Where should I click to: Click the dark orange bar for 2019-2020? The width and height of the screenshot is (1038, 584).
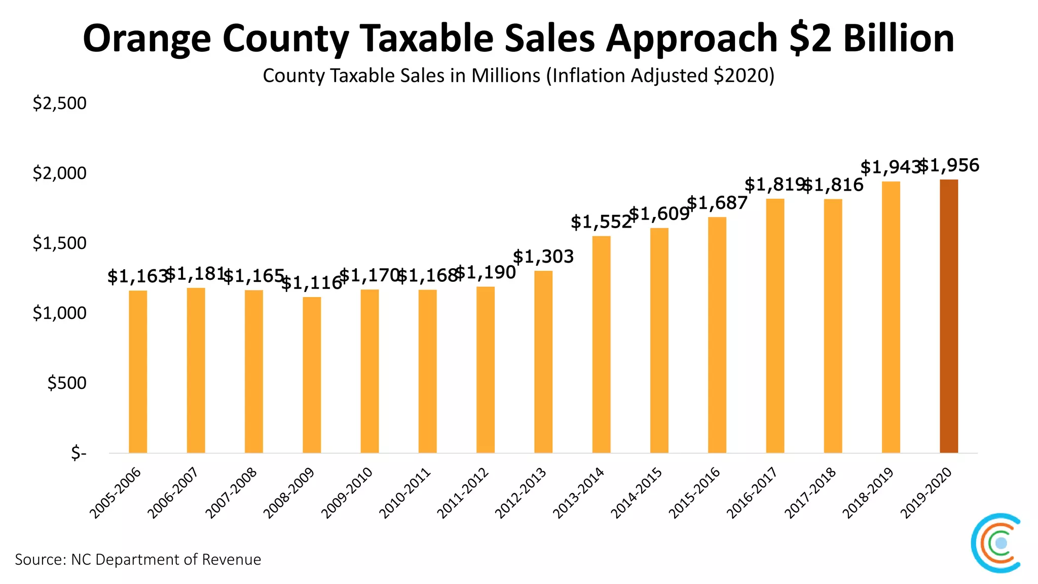tap(949, 316)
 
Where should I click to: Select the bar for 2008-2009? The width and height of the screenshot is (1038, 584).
tap(312, 375)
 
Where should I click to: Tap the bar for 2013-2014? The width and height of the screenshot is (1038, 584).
tap(601, 345)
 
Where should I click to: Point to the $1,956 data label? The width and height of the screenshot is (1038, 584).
tap(949, 166)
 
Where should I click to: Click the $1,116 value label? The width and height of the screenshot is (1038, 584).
tap(312, 283)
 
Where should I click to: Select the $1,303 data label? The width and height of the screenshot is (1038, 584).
tap(543, 257)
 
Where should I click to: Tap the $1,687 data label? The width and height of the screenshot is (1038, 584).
tap(717, 203)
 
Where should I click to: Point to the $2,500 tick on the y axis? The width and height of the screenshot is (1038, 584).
tap(59, 103)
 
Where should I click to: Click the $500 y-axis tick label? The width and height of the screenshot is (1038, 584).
tap(66, 383)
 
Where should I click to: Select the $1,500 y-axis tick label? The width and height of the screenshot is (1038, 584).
tap(59, 243)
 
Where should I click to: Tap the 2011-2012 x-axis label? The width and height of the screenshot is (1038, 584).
tap(463, 494)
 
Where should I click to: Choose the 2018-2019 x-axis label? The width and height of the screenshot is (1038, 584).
tap(868, 494)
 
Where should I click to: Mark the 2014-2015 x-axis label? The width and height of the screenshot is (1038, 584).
tap(637, 494)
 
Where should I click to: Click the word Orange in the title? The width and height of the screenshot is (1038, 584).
tap(147, 39)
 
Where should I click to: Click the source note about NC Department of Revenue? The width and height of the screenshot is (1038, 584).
tap(138, 560)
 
